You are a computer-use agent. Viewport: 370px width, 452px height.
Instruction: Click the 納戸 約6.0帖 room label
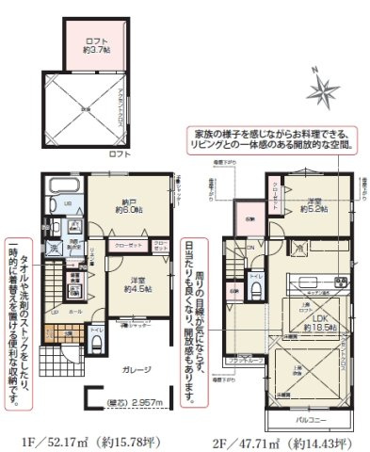pos(130,208)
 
